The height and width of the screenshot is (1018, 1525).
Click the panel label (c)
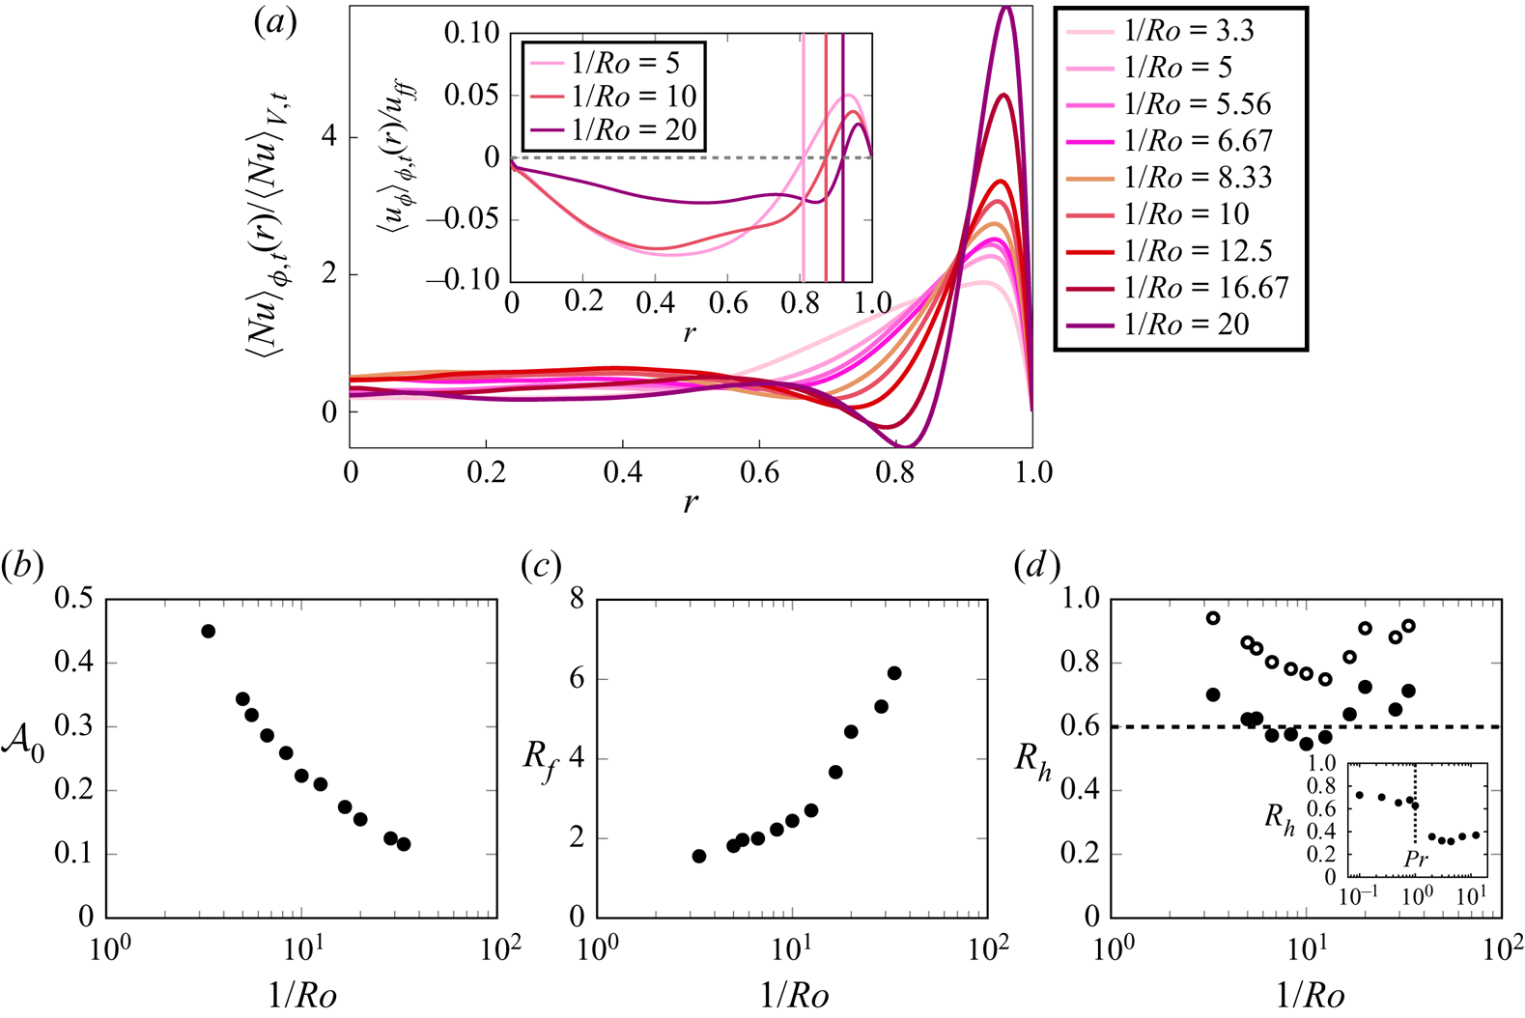tap(541, 566)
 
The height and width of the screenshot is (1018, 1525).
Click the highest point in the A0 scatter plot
tap(208, 631)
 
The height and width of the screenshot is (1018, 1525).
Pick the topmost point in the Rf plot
tap(894, 673)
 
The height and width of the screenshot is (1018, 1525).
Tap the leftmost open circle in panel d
tap(1213, 618)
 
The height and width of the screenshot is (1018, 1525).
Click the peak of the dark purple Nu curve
tap(1007, 8)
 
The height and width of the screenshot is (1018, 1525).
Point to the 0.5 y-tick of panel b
tap(72, 599)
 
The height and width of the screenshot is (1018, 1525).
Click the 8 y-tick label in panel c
tap(577, 599)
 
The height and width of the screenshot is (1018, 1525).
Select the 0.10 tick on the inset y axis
tap(471, 34)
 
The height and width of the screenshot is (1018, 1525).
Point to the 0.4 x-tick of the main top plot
tap(623, 472)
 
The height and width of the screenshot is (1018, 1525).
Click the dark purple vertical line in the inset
tap(842, 155)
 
